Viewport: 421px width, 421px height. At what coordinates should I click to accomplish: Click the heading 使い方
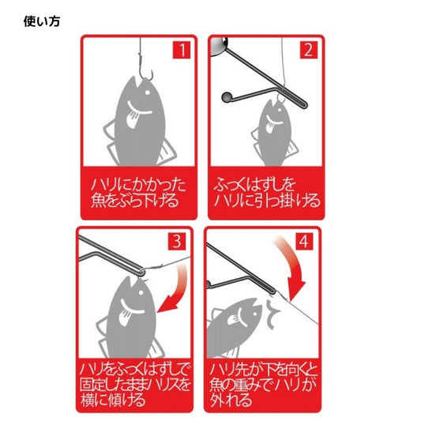pos(42,21)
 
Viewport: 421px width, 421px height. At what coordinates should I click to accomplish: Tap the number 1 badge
pos(182,50)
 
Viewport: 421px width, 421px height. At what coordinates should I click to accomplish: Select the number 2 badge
pos(309,50)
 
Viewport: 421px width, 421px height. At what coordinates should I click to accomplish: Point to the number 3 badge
pos(177,242)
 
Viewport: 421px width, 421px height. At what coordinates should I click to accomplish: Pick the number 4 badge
pos(304,242)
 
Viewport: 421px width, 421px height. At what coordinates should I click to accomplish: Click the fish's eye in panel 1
pos(148,92)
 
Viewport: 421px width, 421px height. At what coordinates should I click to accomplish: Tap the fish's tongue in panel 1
pos(133,119)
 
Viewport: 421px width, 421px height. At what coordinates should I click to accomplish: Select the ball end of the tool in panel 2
pos(226,97)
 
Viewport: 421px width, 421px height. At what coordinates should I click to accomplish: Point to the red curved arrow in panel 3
pos(176,288)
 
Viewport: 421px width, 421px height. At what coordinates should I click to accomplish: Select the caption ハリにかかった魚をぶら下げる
pos(138,193)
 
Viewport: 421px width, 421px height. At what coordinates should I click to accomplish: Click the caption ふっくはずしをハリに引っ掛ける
pos(267,193)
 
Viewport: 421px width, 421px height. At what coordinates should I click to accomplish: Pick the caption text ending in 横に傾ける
pos(135,385)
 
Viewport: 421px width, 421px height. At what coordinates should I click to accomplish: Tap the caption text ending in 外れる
pos(263,385)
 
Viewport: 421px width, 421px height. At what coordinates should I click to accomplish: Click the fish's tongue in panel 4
pos(233,319)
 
